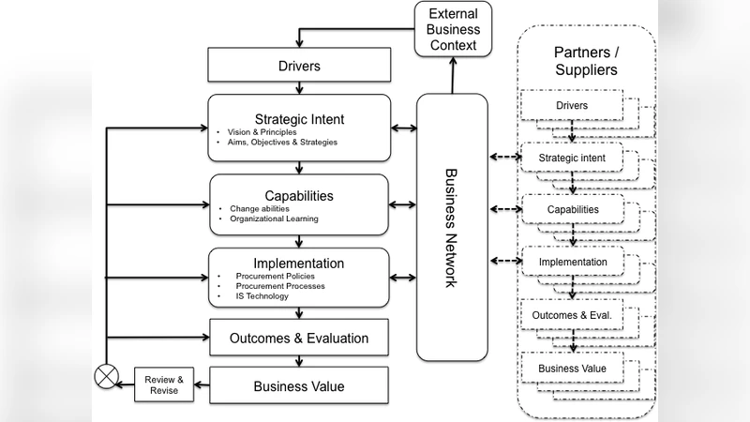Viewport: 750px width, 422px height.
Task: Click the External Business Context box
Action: pos(452,29)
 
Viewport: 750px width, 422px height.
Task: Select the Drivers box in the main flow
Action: pos(297,67)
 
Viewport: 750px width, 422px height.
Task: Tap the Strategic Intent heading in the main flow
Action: pos(299,118)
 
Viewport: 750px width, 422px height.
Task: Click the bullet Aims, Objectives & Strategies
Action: pos(276,143)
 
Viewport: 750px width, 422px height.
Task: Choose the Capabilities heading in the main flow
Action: pos(299,196)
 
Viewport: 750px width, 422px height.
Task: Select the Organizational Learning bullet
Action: pos(274,219)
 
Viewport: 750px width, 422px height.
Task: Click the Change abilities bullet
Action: pos(260,208)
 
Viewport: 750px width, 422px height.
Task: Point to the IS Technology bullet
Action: pos(262,296)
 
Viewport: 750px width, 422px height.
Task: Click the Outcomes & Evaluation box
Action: pos(298,338)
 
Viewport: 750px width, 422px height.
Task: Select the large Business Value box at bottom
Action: pos(298,385)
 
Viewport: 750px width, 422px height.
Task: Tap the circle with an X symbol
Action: pos(105,378)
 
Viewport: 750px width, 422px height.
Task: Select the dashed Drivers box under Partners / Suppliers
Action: pos(571,106)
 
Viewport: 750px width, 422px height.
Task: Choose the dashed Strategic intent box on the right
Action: pos(571,158)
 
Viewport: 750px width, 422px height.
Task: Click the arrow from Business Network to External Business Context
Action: pos(453,74)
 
